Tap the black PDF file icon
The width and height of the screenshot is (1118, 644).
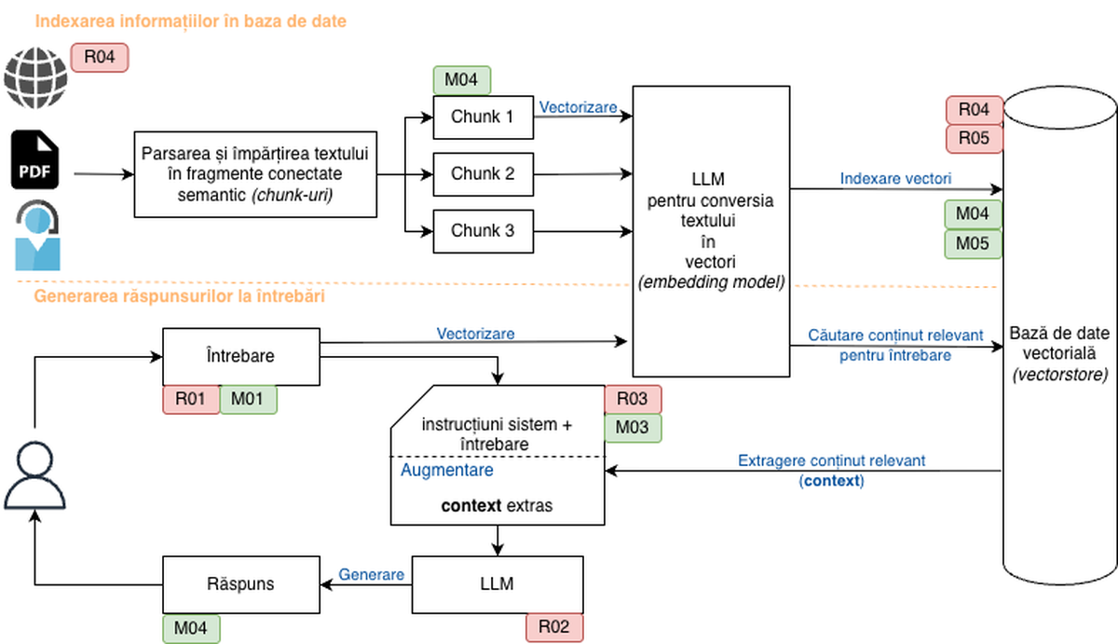point(36,160)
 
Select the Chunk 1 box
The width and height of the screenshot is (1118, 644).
point(483,117)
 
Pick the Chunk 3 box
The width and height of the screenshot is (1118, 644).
point(483,230)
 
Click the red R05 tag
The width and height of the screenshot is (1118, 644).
point(975,139)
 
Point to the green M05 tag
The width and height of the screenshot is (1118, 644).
point(974,244)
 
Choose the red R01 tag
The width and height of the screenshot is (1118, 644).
point(191,399)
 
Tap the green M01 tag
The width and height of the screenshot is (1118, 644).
point(249,399)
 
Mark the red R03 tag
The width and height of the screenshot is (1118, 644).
point(633,400)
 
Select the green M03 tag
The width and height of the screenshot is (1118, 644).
point(633,428)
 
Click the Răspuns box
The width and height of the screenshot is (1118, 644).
point(241,585)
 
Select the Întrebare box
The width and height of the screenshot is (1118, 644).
point(241,356)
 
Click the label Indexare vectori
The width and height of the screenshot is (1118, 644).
point(895,178)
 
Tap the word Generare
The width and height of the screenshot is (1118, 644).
point(371,575)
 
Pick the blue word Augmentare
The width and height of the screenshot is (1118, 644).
point(447,471)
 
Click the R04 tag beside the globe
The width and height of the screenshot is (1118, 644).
point(100,57)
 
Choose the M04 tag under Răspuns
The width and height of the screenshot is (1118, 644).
point(191,629)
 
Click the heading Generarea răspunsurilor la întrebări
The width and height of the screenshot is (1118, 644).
point(179,297)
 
